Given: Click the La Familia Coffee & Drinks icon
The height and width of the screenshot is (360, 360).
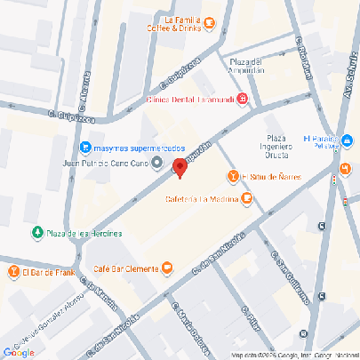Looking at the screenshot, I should click(x=208, y=21).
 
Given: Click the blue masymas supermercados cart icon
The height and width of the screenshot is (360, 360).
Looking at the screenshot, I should click(x=84, y=147).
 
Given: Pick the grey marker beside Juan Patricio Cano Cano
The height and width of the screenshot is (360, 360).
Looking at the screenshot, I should click(x=157, y=163).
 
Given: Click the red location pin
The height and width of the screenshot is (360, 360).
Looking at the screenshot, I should click(x=179, y=167).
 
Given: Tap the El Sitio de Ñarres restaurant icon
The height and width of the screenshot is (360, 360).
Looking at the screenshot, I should click(x=234, y=177).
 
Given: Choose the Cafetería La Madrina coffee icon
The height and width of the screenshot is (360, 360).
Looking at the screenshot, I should click(x=246, y=198).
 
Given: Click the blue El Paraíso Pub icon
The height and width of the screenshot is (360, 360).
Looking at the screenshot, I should click(x=348, y=142).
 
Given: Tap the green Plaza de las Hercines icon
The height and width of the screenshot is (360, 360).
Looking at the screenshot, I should click(x=37, y=233).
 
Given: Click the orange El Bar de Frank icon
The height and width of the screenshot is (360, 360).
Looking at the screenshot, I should click(x=13, y=272).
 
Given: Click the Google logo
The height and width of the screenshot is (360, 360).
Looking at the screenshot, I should click(x=19, y=352).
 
